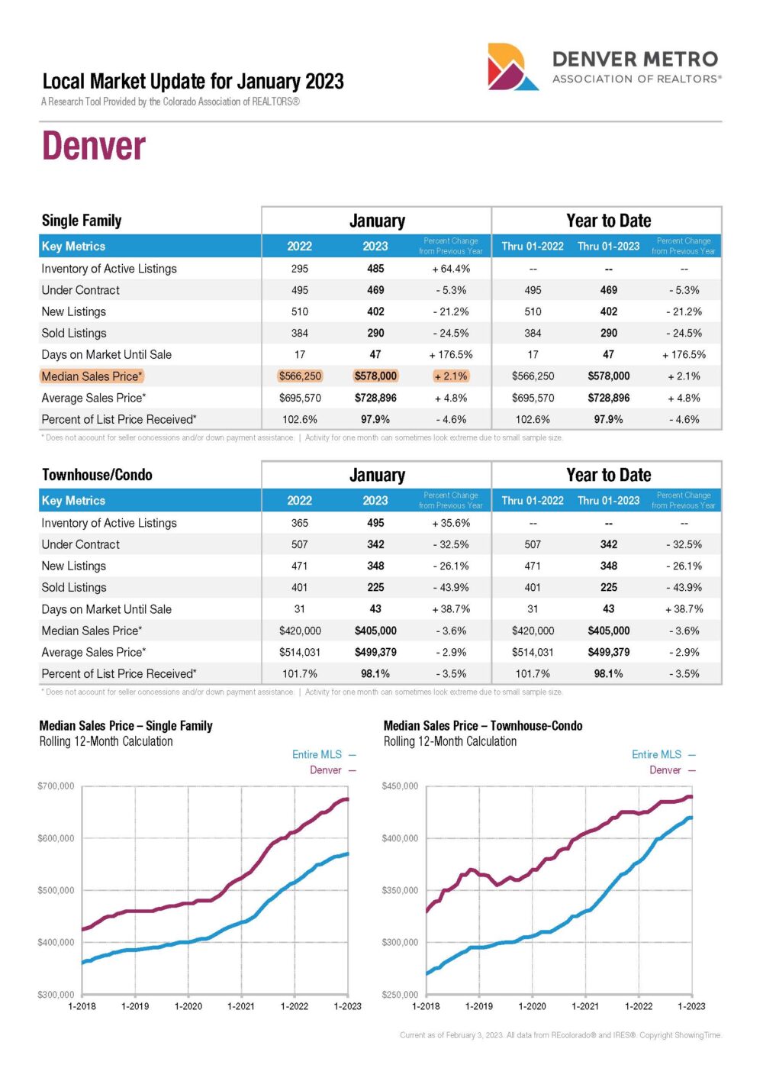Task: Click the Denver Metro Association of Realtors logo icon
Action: coord(512,66)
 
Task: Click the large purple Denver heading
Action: coord(94,145)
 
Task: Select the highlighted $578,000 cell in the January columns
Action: coord(375,376)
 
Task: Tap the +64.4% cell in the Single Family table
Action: coord(451,269)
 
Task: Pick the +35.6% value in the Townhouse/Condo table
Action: coord(451,523)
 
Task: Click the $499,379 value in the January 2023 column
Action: coord(375,652)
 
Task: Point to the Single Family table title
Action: coord(82,221)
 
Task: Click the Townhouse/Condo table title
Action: coord(97,474)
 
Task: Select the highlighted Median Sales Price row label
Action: coord(92,376)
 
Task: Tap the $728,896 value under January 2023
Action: coord(375,398)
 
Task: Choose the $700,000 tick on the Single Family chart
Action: coord(56,786)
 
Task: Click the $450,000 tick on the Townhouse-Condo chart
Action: coord(400,786)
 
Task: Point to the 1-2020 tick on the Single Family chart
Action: coord(188,1006)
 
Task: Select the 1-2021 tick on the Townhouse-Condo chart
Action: coord(585,1006)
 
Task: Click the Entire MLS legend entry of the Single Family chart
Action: coord(324,754)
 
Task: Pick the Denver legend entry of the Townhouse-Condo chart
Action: coord(672,770)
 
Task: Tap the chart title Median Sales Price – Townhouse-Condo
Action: coord(483,726)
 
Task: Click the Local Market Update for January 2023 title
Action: coord(193,82)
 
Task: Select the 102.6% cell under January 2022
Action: coord(299,419)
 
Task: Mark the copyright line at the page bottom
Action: coord(561,1035)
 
